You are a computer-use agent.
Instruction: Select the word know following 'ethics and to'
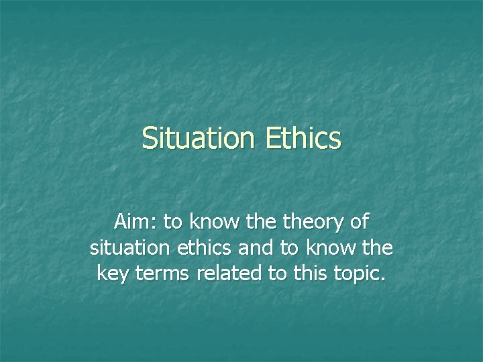pos(328,248)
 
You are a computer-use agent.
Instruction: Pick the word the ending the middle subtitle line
pos(378,248)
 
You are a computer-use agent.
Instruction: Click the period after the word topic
pos(383,279)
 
